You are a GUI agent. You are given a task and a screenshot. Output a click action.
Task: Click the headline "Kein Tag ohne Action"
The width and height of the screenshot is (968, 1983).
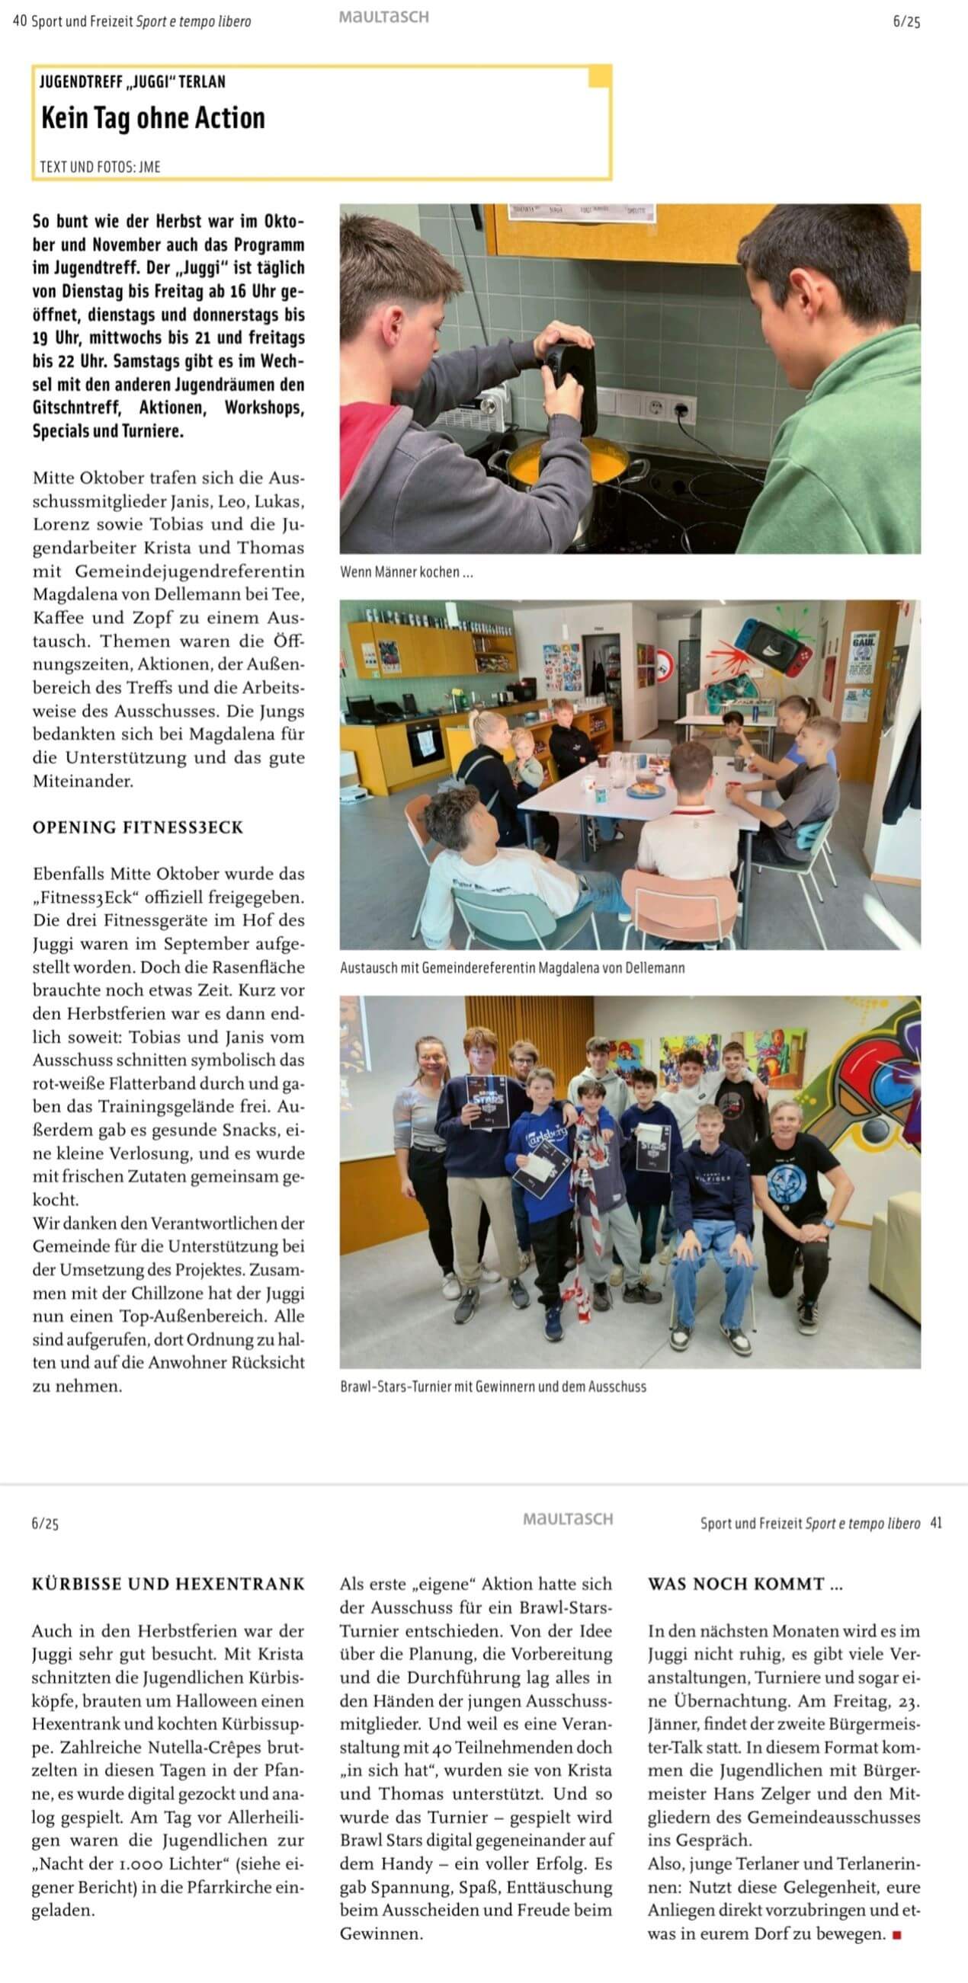coord(152,119)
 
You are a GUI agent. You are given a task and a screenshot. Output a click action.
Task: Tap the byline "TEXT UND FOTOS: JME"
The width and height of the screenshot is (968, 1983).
coord(100,166)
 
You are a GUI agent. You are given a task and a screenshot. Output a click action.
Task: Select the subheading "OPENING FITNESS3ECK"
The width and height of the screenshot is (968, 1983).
coord(138,827)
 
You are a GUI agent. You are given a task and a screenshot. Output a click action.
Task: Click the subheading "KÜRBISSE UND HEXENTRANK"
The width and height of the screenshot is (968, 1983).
coord(168,1585)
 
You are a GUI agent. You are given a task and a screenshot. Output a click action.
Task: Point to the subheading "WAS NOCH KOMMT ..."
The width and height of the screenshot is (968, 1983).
coord(745,1585)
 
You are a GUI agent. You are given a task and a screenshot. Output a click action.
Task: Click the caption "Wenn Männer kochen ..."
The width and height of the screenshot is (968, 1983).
coord(405,572)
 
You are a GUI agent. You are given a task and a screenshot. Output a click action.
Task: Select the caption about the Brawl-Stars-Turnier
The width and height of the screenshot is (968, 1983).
coord(493,1387)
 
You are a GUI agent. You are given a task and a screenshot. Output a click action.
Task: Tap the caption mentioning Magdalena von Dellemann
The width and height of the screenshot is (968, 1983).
coord(512,968)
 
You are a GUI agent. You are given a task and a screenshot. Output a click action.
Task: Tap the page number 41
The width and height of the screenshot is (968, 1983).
coord(936,1523)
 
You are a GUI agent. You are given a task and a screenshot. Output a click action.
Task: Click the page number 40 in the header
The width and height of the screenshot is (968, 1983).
coord(19,21)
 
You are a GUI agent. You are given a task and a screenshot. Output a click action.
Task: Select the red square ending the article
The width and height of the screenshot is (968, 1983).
coord(896,1934)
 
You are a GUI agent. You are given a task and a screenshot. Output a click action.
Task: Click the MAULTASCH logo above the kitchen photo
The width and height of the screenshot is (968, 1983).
coord(383,17)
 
